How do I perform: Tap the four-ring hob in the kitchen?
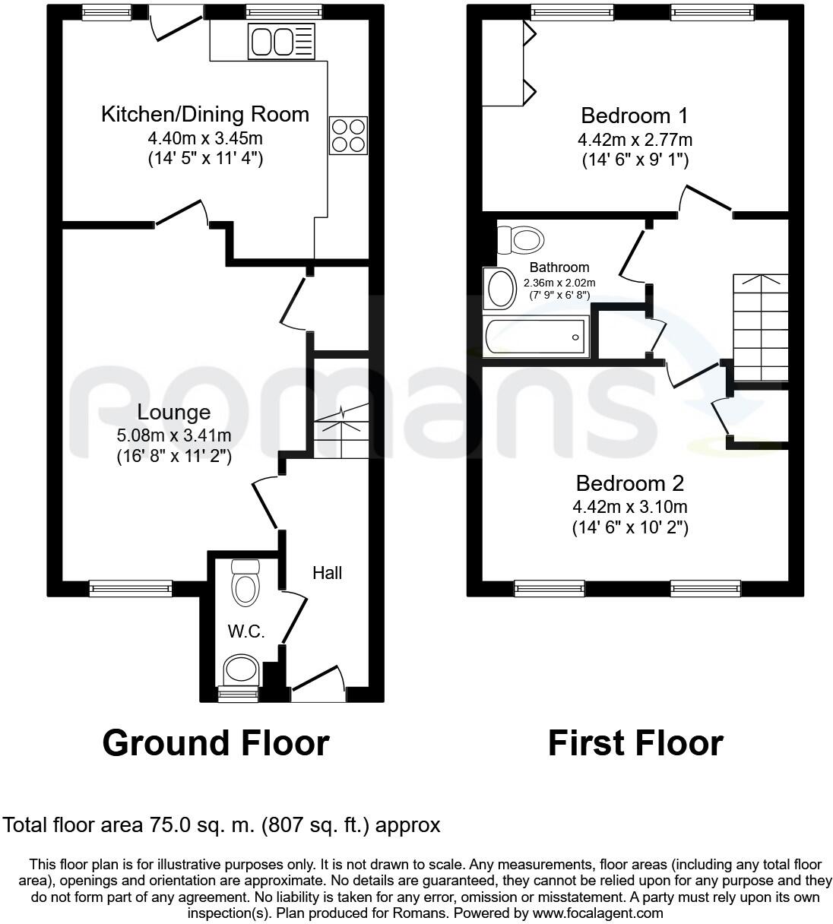(x=348, y=136)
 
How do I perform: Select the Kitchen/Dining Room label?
(x=205, y=115)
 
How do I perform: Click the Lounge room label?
(x=173, y=413)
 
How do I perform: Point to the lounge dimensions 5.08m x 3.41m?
(x=173, y=435)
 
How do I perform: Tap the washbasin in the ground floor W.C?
(x=241, y=671)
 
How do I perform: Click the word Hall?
(x=327, y=573)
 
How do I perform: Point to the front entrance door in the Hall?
(x=318, y=682)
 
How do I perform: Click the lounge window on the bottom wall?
(x=131, y=587)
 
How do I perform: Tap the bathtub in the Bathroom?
(x=537, y=337)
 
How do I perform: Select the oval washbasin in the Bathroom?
(x=500, y=289)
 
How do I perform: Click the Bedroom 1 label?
(x=634, y=115)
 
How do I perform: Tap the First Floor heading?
(x=635, y=743)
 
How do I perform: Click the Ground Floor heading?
(x=216, y=743)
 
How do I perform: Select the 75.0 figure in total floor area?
(x=177, y=825)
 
